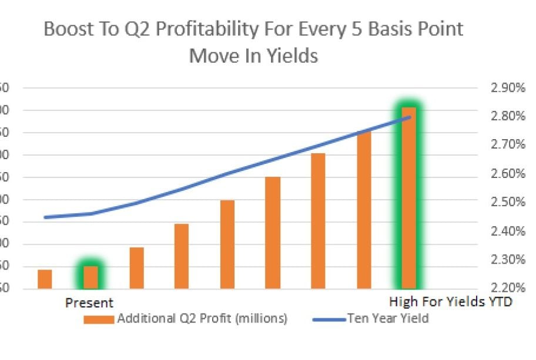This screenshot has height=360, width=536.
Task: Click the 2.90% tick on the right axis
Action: [x=507, y=88]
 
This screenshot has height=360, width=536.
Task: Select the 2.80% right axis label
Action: [x=507, y=116]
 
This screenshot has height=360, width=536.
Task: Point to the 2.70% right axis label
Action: [x=507, y=145]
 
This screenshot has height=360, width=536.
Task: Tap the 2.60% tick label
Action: [x=507, y=174]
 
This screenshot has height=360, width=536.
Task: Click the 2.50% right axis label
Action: [x=507, y=202]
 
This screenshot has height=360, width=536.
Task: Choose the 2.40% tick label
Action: [x=507, y=231]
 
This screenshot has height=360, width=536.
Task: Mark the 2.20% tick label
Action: [x=507, y=288]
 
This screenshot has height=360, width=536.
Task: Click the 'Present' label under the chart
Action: [x=89, y=303]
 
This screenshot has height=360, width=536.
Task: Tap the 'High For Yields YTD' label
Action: [x=451, y=302]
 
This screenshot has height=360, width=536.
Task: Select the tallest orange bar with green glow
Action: [x=408, y=197]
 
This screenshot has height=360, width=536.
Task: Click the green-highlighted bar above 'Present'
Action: [x=91, y=277]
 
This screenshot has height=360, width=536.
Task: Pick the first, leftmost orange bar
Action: [x=45, y=279]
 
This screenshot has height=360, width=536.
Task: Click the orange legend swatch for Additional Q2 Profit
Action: [x=99, y=319]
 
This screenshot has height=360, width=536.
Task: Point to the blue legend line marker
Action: [x=327, y=319]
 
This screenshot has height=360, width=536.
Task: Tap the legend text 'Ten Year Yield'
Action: [x=388, y=319]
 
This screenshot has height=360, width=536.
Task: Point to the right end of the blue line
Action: [x=409, y=117]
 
